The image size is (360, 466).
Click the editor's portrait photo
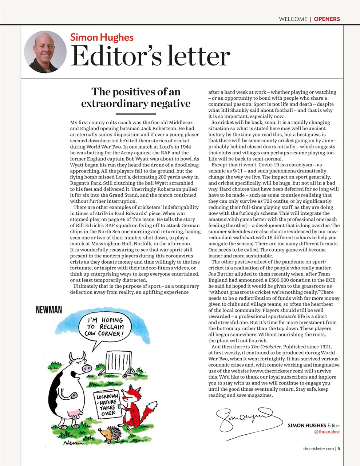pos(45,52)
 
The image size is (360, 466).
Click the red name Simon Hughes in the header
pos(102,37)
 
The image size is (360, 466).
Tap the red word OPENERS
pos(327,19)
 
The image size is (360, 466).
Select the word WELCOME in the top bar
pos(293,19)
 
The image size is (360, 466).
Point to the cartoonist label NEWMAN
pos(49,310)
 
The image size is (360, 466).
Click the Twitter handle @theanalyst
pos(327,432)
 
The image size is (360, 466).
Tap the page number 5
pos(339,449)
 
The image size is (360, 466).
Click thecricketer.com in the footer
pos(318,449)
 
